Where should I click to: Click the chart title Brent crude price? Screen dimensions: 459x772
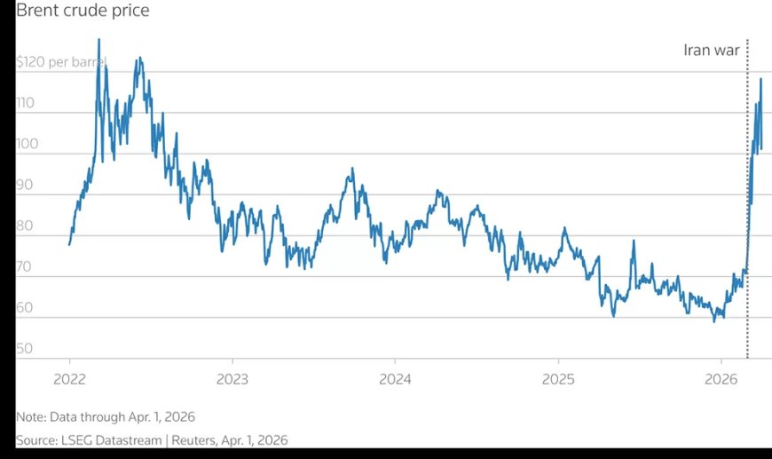pos(83,11)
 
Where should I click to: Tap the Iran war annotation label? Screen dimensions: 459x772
pos(711,50)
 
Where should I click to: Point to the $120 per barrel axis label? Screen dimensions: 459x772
pos(60,62)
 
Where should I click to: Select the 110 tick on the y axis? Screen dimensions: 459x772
pos(25,103)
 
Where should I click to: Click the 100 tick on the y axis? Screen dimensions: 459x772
pos(27,144)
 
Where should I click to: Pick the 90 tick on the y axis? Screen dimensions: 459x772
pos(25,185)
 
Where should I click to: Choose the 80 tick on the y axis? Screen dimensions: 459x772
pos(25,226)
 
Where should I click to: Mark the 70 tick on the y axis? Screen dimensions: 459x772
pos(25,266)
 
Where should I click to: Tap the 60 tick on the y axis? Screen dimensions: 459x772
pos(25,308)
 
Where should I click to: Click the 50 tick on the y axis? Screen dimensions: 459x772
pos(25,349)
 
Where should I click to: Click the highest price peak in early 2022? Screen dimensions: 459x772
pos(98,40)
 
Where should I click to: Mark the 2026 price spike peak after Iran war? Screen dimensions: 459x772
pos(760,80)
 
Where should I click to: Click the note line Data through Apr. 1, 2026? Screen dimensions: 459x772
pos(106,416)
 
